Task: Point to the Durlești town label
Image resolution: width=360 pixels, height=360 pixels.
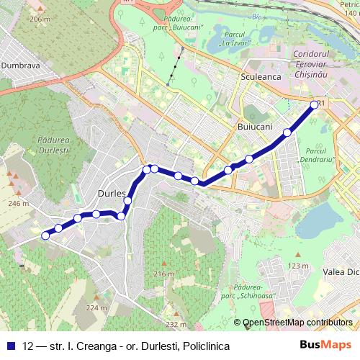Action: tap(112, 194)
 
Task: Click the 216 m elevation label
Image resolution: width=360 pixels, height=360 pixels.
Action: tap(164, 274)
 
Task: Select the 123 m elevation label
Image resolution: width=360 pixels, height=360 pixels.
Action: tap(297, 266)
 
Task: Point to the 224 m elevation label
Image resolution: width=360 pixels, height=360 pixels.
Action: tap(95, 307)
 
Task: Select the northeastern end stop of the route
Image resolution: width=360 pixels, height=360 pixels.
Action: tap(314, 105)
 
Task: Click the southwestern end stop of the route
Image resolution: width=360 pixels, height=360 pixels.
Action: tap(45, 235)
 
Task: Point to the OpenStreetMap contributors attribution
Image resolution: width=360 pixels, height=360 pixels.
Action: tap(297, 323)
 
